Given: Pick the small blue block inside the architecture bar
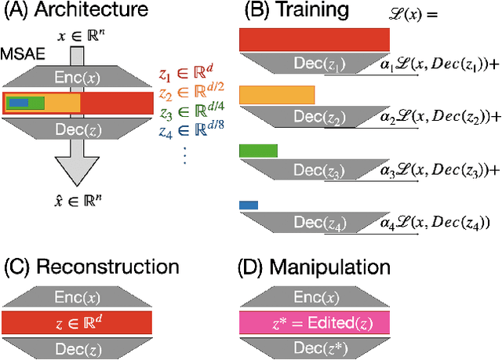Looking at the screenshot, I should pos(17,102).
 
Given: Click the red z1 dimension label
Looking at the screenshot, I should pos(191,76).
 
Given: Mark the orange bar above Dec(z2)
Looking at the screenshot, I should pos(276,95).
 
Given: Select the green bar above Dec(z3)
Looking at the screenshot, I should pos(258,150).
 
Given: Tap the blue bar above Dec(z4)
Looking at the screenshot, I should pos(248,205).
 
